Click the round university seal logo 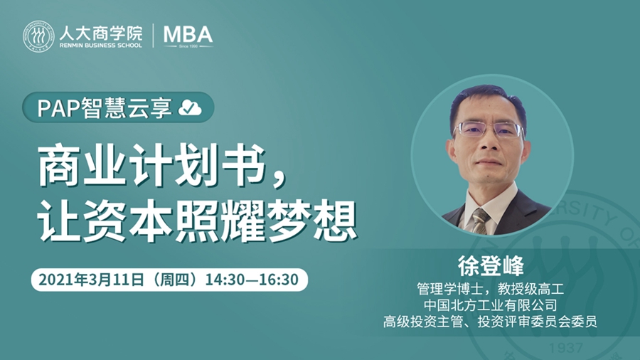38,37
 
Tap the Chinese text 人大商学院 101,33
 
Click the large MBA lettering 188,34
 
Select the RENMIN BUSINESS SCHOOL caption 101,46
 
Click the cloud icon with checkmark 190,107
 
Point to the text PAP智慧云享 105,107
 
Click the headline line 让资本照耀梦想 197,221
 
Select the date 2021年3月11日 92,280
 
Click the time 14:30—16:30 252,280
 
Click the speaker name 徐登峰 491,266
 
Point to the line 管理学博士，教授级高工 490,289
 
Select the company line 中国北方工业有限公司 490,305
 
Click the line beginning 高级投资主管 490,322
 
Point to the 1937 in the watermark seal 566,348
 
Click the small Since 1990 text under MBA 188,46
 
